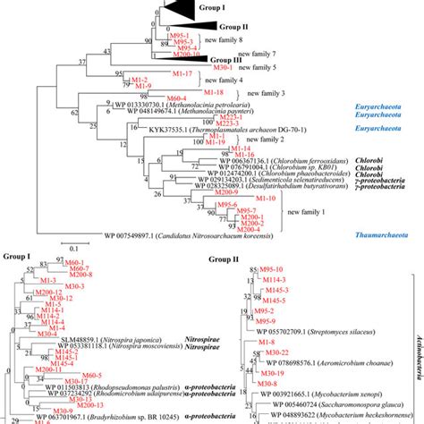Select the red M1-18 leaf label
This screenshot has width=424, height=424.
[212, 92]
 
